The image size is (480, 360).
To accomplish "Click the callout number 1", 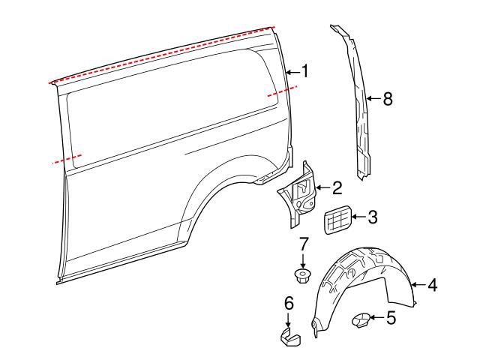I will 304,71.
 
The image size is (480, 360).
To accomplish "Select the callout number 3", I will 372,218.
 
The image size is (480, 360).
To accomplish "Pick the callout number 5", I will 390,319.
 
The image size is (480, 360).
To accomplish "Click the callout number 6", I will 288,304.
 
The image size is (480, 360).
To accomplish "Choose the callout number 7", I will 304,244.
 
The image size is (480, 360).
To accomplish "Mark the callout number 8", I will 387,98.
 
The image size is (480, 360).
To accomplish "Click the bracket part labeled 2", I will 300,196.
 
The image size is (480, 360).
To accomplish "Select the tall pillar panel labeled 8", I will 358,105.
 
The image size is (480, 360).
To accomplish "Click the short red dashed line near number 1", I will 281,92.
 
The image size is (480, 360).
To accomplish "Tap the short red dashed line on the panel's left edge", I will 66,159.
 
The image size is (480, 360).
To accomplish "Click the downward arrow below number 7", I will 304,260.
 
